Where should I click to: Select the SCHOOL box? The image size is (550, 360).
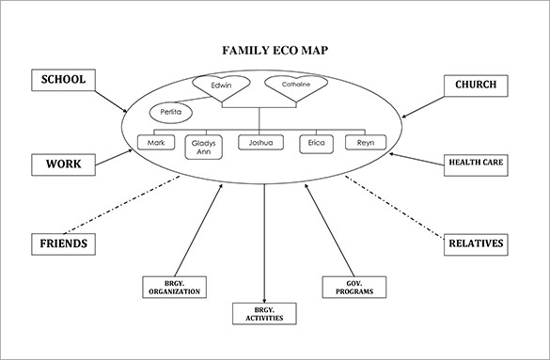[x=64, y=80]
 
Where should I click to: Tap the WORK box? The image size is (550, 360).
[x=63, y=164]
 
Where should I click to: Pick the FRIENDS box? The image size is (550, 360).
[x=63, y=243]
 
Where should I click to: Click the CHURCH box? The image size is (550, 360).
[x=476, y=85]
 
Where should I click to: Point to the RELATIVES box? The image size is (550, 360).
[x=477, y=244]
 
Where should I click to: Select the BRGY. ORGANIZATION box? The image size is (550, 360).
[x=174, y=287]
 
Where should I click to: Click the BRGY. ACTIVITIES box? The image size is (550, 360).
[x=264, y=313]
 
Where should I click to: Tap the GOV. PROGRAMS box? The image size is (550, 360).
[x=348, y=287]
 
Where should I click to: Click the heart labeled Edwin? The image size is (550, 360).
[x=221, y=87]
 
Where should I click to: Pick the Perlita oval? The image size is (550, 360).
[x=170, y=113]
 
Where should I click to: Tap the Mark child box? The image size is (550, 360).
[x=155, y=143]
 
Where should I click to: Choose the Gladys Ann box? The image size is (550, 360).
[x=203, y=148]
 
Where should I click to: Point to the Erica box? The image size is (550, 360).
[x=315, y=143]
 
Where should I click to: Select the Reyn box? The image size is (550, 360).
[x=365, y=143]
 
